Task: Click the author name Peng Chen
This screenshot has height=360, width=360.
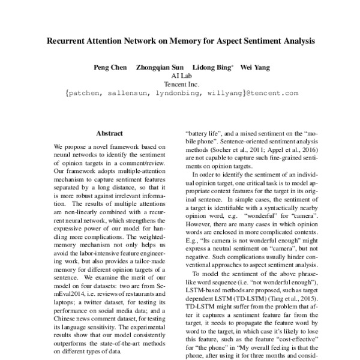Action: tap(110, 67)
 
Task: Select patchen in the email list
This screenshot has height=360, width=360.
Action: tap(88, 93)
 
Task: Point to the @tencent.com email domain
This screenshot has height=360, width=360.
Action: tap(272, 93)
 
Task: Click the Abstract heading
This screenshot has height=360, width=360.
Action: tap(109, 133)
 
